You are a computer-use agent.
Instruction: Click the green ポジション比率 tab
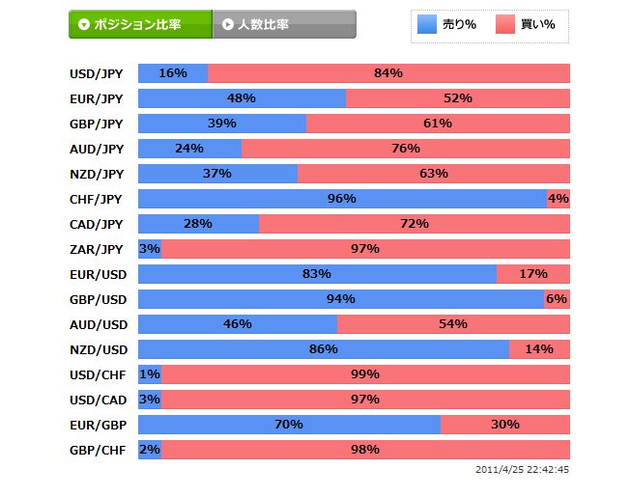point(140,24)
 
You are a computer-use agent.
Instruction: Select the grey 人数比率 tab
point(284,24)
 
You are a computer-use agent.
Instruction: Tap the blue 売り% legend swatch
point(427,24)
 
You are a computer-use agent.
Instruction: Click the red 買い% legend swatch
point(507,24)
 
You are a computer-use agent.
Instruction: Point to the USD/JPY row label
point(96,73)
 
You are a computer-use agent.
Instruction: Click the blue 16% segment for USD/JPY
point(173,73)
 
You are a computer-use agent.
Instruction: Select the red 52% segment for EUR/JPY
point(457,98)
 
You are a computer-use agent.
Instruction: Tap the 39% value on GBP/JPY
point(222,124)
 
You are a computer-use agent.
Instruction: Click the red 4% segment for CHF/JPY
point(559,199)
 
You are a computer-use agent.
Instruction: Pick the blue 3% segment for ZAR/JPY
point(149,249)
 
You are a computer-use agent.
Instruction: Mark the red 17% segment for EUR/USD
point(532,274)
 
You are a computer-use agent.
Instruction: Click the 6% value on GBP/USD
point(557,299)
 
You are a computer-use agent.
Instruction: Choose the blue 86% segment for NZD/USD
point(323,349)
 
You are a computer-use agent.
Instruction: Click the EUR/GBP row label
point(96,425)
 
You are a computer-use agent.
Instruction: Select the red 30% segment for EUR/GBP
point(504,425)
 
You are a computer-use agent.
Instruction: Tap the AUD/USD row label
point(96,324)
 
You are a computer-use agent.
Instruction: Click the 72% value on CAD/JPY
point(414,224)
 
